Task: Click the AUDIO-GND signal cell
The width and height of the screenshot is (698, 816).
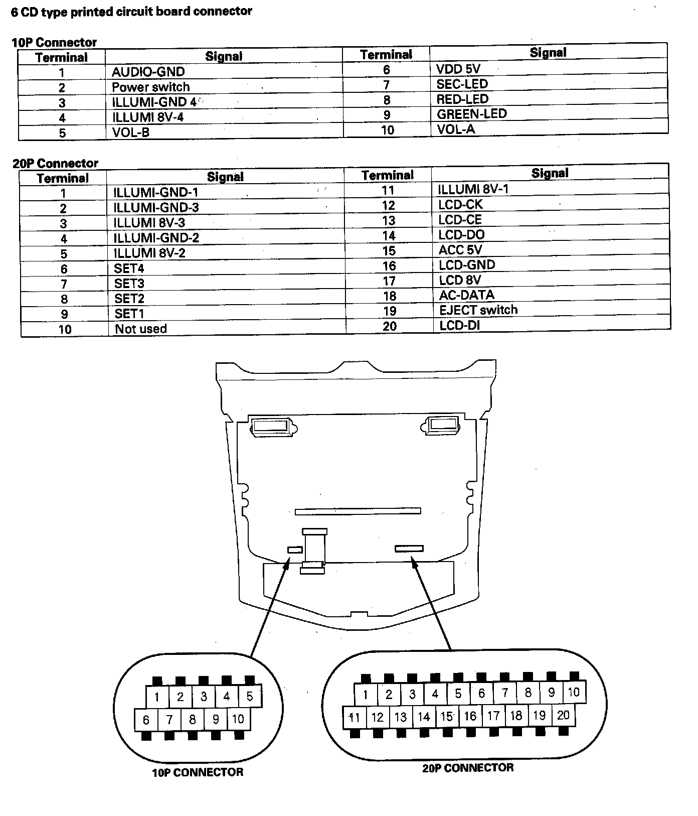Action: pyautogui.click(x=148, y=72)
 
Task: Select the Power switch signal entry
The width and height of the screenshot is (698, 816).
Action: pyautogui.click(x=150, y=87)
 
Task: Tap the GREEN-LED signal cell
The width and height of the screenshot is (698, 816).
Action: pyautogui.click(x=471, y=114)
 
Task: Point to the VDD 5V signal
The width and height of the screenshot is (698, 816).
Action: pyautogui.click(x=458, y=69)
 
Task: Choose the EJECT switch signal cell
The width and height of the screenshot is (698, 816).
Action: pyautogui.click(x=478, y=310)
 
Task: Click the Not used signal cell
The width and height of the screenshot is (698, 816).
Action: pyautogui.click(x=140, y=329)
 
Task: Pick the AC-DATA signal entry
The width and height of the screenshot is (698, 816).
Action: pyautogui.click(x=466, y=295)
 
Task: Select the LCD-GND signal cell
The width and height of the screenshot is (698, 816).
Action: pyautogui.click(x=466, y=264)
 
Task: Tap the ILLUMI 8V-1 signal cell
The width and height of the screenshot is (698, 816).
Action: pyautogui.click(x=473, y=189)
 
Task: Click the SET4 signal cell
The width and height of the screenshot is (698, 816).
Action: pyautogui.click(x=129, y=268)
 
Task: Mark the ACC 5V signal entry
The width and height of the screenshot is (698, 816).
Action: pyautogui.click(x=460, y=249)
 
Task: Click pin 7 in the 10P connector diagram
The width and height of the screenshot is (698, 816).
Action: pyautogui.click(x=169, y=720)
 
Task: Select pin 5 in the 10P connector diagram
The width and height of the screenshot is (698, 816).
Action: pyautogui.click(x=250, y=696)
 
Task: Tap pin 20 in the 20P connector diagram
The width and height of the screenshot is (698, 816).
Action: pyautogui.click(x=563, y=715)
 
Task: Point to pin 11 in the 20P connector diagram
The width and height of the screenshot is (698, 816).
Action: pyautogui.click(x=355, y=717)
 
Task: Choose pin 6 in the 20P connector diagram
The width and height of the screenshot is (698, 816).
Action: pyautogui.click(x=481, y=694)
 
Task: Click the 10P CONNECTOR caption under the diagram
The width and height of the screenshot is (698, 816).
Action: pyautogui.click(x=198, y=772)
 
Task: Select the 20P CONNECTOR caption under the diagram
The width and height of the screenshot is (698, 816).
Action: pyautogui.click(x=468, y=767)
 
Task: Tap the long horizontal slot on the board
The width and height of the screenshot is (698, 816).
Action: pyautogui.click(x=358, y=511)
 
